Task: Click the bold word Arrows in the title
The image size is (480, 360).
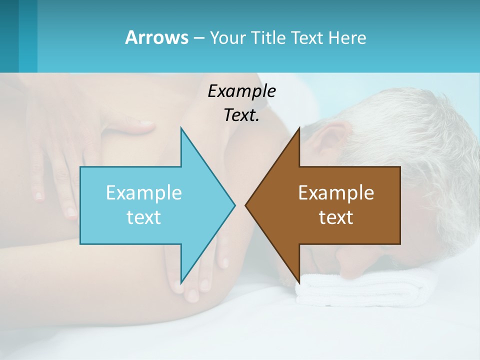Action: click(x=156, y=37)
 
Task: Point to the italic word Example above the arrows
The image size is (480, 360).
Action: click(x=241, y=91)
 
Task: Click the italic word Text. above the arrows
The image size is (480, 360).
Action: click(x=241, y=115)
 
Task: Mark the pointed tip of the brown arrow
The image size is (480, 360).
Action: click(x=247, y=205)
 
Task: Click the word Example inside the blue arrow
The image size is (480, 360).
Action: click(x=143, y=192)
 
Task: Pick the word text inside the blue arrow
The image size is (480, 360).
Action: click(x=143, y=217)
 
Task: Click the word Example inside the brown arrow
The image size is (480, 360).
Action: click(x=336, y=192)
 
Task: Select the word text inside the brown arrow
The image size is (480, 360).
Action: click(x=336, y=217)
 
